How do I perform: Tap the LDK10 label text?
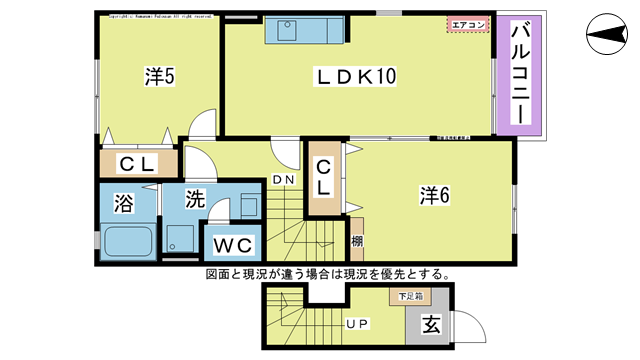[x=358, y=76]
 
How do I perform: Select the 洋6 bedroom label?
[x=433, y=195]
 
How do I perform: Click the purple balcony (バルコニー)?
[x=520, y=76]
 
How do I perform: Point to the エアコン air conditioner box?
[x=470, y=24]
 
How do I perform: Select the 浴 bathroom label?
[x=123, y=204]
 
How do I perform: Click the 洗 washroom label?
[x=194, y=198]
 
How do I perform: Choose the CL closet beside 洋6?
[x=324, y=177]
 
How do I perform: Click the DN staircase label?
[x=283, y=180]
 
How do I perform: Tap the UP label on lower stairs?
[x=357, y=324]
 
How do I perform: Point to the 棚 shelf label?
[x=357, y=242]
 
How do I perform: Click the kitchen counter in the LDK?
[x=305, y=31]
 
